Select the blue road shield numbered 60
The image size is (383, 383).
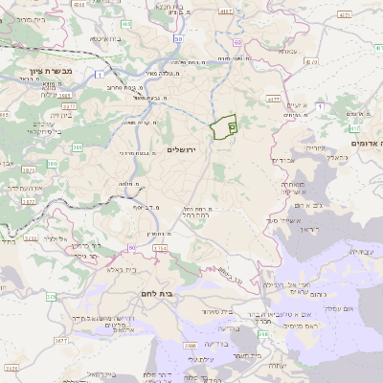pyautogui.click(x=179, y=39)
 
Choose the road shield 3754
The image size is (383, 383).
pyautogui.click(x=159, y=248)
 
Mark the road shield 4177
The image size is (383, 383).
pyautogui.click(x=273, y=99)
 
